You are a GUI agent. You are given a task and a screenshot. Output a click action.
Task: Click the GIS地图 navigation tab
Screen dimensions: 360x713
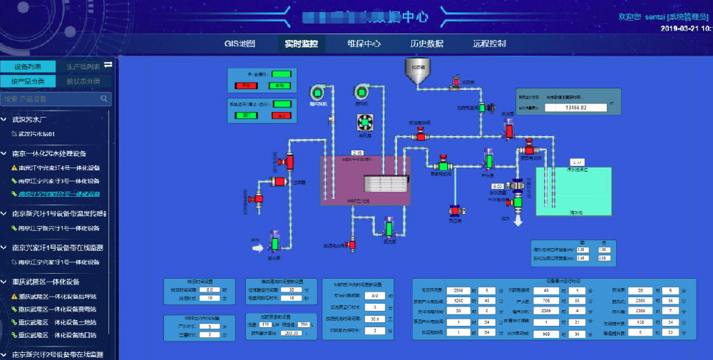pos(240,43)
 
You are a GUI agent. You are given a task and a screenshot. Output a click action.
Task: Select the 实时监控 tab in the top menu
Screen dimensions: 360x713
pos(301,43)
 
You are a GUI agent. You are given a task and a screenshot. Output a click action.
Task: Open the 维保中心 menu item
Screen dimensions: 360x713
pos(364,43)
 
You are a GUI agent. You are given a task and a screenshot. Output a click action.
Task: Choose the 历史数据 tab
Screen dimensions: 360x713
pos(426,43)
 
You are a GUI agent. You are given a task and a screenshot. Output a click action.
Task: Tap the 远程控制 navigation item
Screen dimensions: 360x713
pos(489,43)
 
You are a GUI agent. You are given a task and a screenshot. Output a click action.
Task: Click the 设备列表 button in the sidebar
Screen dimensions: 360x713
pos(28,66)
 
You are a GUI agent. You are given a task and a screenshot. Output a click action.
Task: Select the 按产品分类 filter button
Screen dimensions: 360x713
pos(28,81)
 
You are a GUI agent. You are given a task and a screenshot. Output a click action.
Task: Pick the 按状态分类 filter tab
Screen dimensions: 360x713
pos(83,81)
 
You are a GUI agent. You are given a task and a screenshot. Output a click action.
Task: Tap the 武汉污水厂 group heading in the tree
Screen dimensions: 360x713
pos(29,119)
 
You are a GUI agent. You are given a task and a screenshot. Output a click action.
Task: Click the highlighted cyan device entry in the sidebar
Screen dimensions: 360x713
pos(59,194)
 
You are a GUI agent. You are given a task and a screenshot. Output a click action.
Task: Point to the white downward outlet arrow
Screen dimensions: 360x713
pos(518,222)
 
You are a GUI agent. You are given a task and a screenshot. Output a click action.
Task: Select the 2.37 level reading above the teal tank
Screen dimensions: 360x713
pos(578,163)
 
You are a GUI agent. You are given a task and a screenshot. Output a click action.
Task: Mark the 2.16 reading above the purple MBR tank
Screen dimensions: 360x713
pos(359,153)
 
